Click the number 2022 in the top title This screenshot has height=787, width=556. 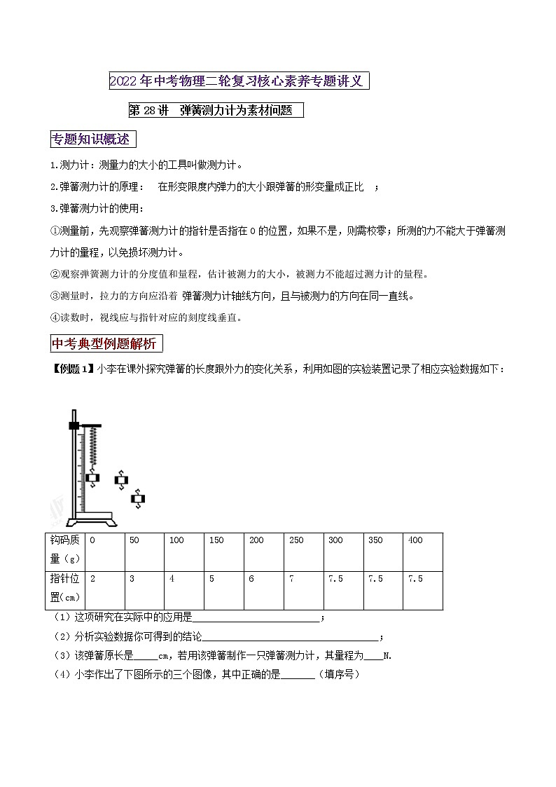124,81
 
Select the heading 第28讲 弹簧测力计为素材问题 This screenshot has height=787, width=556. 216,110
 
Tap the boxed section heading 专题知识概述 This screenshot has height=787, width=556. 93,139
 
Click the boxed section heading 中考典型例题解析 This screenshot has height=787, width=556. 107,344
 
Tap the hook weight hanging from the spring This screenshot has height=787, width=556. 92,478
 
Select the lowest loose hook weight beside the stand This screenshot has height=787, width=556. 138,499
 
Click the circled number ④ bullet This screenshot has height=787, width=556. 56,317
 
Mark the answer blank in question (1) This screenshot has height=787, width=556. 256,618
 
